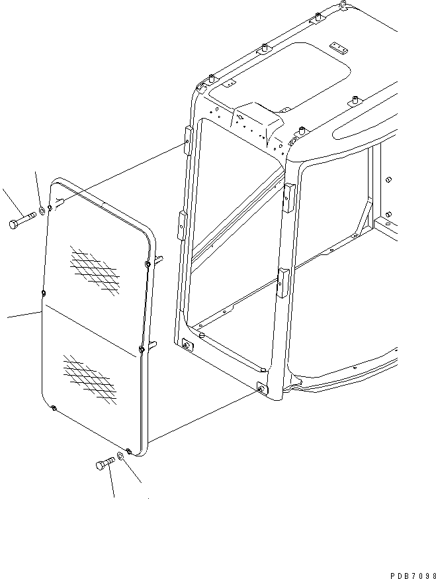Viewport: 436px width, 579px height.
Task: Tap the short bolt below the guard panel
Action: tap(105, 464)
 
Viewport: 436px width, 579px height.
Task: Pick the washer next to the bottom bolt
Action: tap(122, 455)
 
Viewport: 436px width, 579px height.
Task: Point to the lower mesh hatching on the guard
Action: tap(89, 378)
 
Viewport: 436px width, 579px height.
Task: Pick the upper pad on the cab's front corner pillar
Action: tap(288, 196)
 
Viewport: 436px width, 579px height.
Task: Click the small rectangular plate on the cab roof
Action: tap(338, 48)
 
